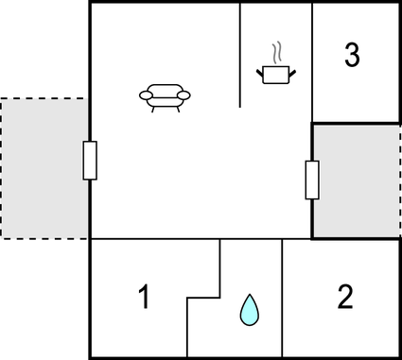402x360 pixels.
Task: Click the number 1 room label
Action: point(144,299)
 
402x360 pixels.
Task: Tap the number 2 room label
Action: point(345,298)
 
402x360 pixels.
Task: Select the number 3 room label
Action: point(352,56)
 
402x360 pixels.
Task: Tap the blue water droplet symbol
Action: point(249,309)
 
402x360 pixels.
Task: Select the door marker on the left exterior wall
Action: point(90,160)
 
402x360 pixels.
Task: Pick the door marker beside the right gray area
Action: point(312,180)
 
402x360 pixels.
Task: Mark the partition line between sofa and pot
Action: point(240,57)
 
